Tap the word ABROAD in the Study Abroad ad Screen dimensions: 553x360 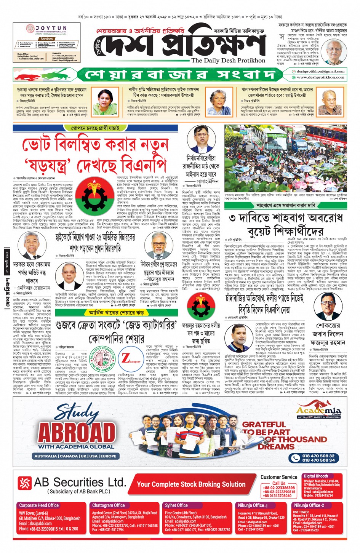pos(76,432)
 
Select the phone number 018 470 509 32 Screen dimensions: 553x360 pos(318,456)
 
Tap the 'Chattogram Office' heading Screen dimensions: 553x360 pos(108,505)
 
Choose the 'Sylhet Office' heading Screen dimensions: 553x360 pos(176,505)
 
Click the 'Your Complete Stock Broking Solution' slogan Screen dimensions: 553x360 pos(191,484)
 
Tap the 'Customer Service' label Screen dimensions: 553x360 pos(279,477)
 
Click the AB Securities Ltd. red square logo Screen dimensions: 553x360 pos(24,483)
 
